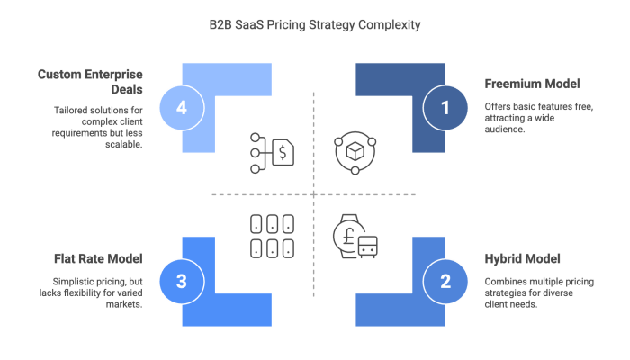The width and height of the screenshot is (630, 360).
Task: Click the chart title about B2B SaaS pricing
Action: [x=315, y=25]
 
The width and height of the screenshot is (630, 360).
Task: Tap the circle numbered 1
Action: [x=444, y=108]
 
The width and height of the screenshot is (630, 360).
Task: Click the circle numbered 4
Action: [x=183, y=108]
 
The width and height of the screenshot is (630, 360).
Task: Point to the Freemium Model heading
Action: [x=533, y=83]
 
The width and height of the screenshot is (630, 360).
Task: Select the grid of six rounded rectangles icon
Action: [x=271, y=235]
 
